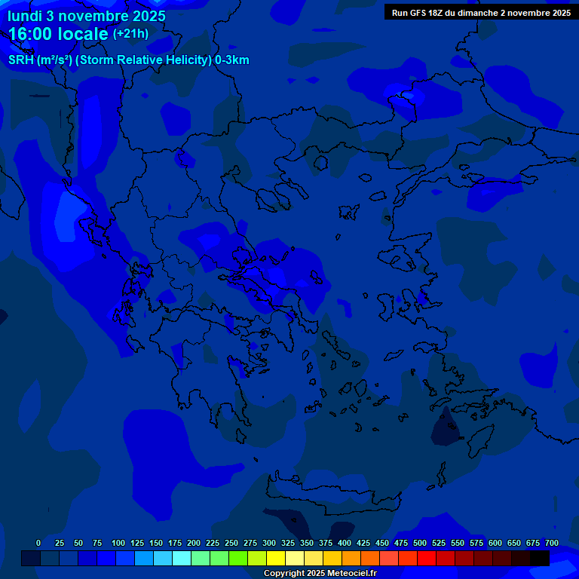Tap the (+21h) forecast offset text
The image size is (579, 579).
[130, 34]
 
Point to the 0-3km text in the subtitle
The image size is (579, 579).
[232, 60]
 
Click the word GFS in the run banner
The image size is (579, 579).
[421, 13]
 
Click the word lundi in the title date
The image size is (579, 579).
[25, 16]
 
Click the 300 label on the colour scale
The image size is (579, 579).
[269, 543]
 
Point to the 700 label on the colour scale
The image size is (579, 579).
[552, 543]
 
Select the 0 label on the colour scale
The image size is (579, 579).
[38, 543]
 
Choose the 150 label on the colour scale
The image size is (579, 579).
[156, 543]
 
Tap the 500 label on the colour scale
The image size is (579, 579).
[420, 543]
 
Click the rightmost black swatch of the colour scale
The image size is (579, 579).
[540, 558]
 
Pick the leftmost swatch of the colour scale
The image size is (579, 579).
[30, 558]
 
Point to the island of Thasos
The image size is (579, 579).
[320, 162]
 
